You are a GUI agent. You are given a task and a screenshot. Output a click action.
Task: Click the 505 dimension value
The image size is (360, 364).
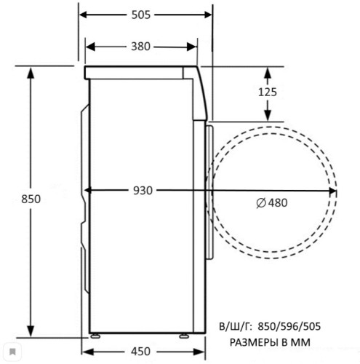[141, 15]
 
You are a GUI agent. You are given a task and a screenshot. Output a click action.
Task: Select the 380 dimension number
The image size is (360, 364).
[141, 47]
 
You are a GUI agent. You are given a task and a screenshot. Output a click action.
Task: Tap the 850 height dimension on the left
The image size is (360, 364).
[31, 199]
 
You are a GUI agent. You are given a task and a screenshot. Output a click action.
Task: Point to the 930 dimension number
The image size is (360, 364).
[143, 191]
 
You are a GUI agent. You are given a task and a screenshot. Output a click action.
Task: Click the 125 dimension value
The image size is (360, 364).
[268, 92]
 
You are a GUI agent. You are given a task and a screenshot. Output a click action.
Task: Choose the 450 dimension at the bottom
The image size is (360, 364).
[141, 352]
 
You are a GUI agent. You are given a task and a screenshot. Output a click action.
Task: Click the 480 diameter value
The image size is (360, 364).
[278, 203]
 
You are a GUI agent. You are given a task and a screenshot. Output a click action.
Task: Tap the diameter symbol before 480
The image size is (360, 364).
[261, 203]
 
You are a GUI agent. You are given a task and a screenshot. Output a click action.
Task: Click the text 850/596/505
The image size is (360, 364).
[289, 327]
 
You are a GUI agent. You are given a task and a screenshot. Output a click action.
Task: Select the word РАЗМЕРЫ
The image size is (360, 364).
[254, 342]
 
